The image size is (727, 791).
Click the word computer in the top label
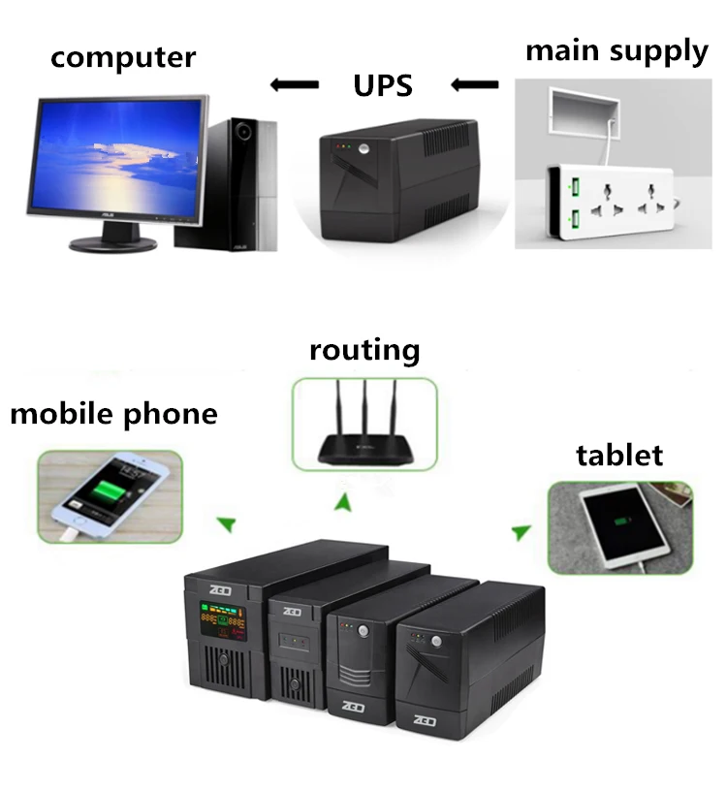click(123, 57)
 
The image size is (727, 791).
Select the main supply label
click(616, 49)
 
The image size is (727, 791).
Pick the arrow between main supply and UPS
click(476, 85)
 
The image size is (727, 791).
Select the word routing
click(364, 349)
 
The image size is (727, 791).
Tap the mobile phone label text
click(113, 415)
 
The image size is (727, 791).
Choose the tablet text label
click(619, 455)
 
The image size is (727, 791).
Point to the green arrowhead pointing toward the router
click(343, 500)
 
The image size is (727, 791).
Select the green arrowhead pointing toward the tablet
click(522, 531)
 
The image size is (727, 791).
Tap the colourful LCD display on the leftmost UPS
click(222, 620)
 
